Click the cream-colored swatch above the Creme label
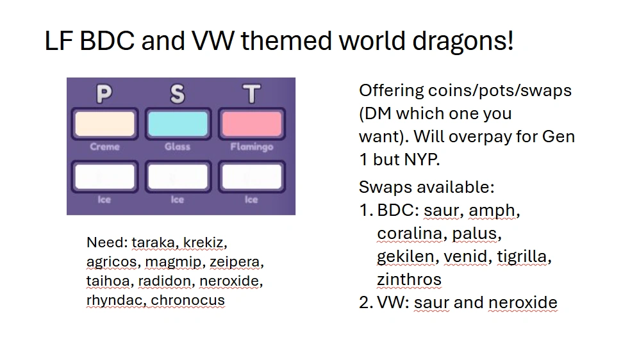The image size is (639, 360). [x=104, y=124]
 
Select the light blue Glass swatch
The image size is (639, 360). [x=178, y=124]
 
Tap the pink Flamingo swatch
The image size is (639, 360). [x=251, y=124]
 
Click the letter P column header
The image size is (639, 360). [x=104, y=94]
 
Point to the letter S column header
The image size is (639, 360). [x=178, y=94]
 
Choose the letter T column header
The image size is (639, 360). [x=251, y=94]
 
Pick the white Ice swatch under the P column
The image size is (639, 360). [x=104, y=177]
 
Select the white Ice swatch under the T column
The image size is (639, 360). [x=251, y=177]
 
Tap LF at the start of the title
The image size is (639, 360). [x=59, y=42]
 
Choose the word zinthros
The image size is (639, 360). [x=409, y=280]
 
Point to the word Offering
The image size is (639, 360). [x=392, y=90]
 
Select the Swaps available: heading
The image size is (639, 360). [x=426, y=187]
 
